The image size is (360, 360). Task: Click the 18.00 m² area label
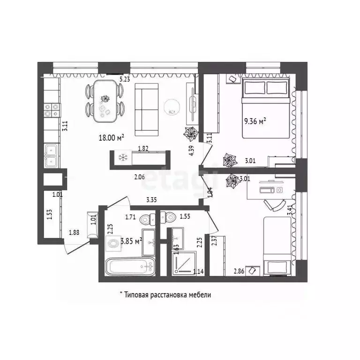coord(111,137)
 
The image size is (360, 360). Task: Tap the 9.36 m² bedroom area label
coord(255,120)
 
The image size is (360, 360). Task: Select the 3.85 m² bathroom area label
coord(131,241)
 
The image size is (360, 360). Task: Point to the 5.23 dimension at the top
coord(125,80)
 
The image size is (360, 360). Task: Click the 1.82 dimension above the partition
coord(143,149)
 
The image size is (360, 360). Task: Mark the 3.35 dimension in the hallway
coord(151,200)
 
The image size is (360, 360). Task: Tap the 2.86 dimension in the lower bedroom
coord(240,270)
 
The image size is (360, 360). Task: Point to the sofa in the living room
coord(147,108)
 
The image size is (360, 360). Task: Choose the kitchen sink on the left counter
coord(51,156)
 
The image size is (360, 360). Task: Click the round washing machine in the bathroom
coord(113,244)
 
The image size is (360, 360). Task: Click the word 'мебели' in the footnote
coord(200,295)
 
